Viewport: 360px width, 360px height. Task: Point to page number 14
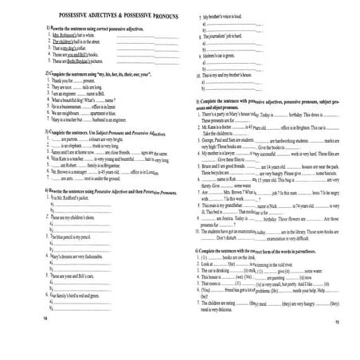42,338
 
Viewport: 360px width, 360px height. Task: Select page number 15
338,344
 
